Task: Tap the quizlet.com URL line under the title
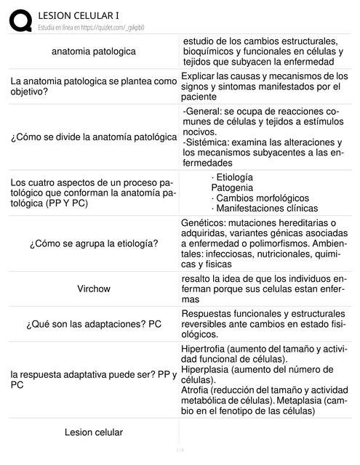(x=91, y=27)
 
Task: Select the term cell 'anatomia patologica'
(x=93, y=52)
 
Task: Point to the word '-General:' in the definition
(x=204, y=110)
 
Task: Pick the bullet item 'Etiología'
(x=233, y=177)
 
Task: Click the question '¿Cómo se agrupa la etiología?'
(x=94, y=243)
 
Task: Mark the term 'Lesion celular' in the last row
(x=94, y=433)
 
